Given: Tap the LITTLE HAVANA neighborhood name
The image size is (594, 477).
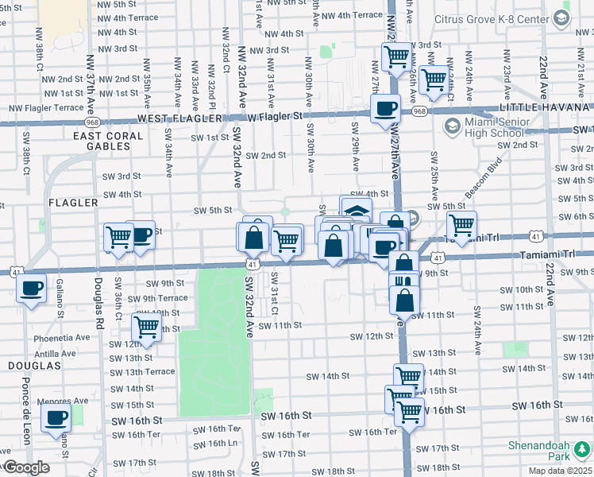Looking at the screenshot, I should (x=546, y=107).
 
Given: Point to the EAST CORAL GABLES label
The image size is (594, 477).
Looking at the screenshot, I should (x=109, y=142).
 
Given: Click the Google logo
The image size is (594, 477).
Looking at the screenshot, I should (x=26, y=467).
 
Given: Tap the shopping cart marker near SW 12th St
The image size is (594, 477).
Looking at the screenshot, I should (x=146, y=325).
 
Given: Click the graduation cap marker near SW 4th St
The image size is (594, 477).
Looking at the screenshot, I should (x=357, y=210).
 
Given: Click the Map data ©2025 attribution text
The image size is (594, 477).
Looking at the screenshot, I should (x=559, y=471).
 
